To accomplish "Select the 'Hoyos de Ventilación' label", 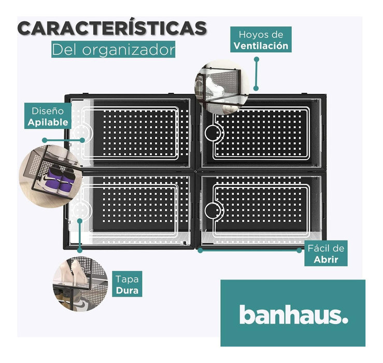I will pyautogui.click(x=261, y=40).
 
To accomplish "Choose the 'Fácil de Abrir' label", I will pyautogui.click(x=325, y=254).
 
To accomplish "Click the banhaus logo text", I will pyautogui.click(x=293, y=314).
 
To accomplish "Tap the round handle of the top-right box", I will pyautogui.click(x=212, y=134).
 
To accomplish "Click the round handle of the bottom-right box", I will pyautogui.click(x=212, y=211).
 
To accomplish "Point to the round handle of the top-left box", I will pyautogui.click(x=80, y=134).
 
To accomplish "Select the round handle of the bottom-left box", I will pyautogui.click(x=80, y=211).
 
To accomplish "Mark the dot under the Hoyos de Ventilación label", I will pyautogui.click(x=256, y=59).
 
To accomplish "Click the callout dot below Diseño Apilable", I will pyautogui.click(x=46, y=140).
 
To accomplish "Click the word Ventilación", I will pyautogui.click(x=261, y=46).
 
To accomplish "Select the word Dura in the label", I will pyautogui.click(x=127, y=290).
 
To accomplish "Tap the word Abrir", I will pyautogui.click(x=326, y=259).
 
